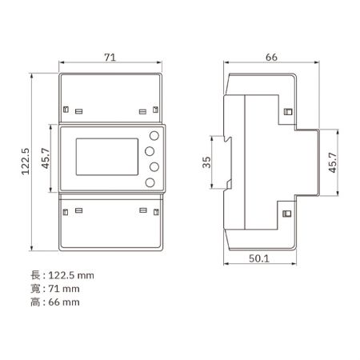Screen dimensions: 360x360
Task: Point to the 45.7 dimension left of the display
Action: click(x=47, y=159)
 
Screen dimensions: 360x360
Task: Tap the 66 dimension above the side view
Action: click(x=270, y=58)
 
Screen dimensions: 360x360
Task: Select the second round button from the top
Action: click(x=150, y=150)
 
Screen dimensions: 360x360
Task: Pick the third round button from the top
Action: click(x=150, y=167)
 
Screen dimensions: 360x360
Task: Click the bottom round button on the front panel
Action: click(x=150, y=184)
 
